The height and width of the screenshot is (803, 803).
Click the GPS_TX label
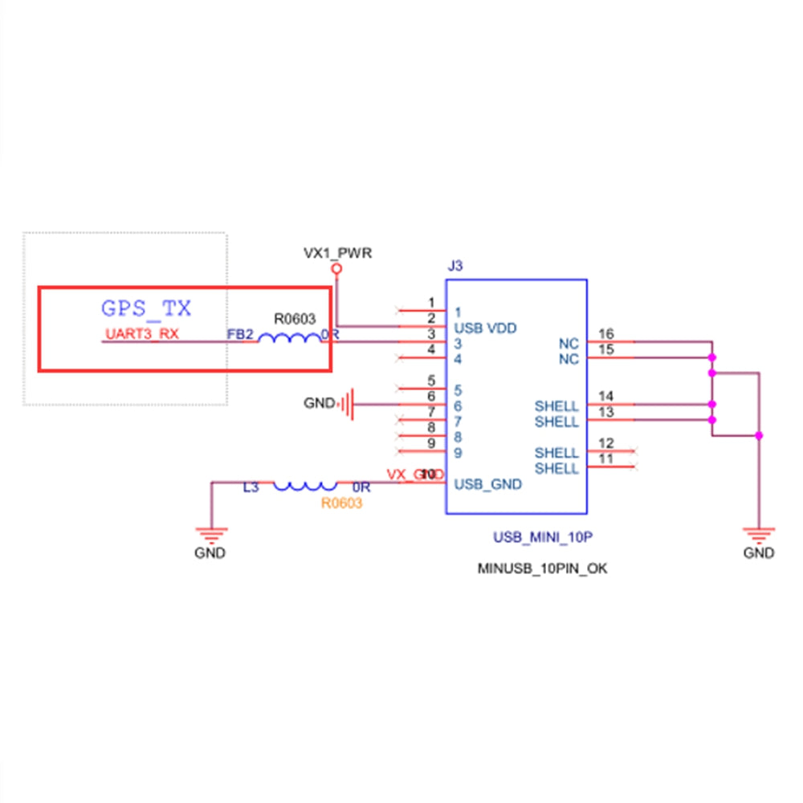(146, 308)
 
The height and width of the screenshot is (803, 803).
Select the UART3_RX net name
(142, 334)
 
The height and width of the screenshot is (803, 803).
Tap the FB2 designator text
(241, 334)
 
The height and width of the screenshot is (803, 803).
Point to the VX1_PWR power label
(337, 253)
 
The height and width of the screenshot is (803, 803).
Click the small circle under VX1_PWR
(337, 270)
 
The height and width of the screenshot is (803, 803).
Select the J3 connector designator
(454, 266)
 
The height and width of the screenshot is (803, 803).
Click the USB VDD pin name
(485, 328)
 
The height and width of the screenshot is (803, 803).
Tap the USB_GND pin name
(488, 484)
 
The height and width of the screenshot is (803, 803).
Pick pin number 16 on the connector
(605, 334)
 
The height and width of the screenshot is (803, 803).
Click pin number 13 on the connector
(605, 412)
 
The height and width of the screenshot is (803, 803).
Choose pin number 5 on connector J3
(431, 381)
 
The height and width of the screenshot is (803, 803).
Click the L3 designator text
(251, 487)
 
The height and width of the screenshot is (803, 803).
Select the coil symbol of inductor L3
(305, 485)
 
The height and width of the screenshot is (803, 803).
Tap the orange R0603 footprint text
(341, 504)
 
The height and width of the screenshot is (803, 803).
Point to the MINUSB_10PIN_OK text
(543, 569)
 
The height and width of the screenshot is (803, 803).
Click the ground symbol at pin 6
(347, 404)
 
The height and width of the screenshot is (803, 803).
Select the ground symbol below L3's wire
(210, 533)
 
